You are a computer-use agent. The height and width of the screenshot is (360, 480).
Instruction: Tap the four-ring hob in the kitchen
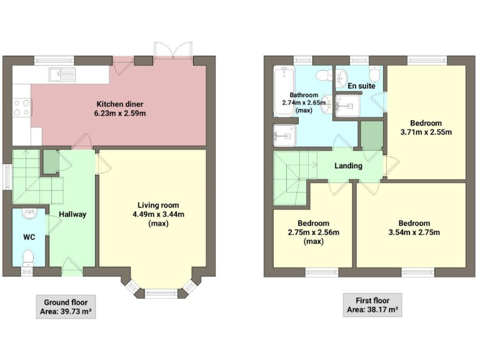(21, 108)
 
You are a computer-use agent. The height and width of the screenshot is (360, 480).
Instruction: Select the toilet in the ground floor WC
(27, 256)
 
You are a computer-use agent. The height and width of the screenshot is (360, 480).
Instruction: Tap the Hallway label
(72, 214)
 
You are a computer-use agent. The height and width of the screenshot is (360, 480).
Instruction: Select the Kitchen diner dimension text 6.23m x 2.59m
(121, 113)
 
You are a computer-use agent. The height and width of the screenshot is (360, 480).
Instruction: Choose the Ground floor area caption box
(66, 306)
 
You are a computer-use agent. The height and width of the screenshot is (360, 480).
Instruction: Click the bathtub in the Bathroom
(283, 92)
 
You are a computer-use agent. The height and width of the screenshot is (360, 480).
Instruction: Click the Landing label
(348, 166)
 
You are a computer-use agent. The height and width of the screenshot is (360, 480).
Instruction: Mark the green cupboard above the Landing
(371, 136)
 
